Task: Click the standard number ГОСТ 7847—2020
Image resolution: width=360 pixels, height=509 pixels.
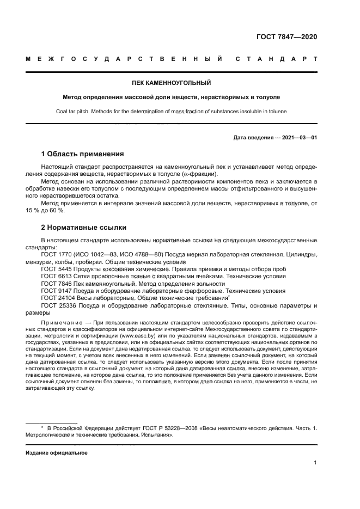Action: pos(286,37)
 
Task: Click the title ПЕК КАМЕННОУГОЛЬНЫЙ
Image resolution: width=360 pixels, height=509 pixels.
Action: pos(171,83)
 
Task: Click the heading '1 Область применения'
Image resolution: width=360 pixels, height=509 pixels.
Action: pos(82,154)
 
